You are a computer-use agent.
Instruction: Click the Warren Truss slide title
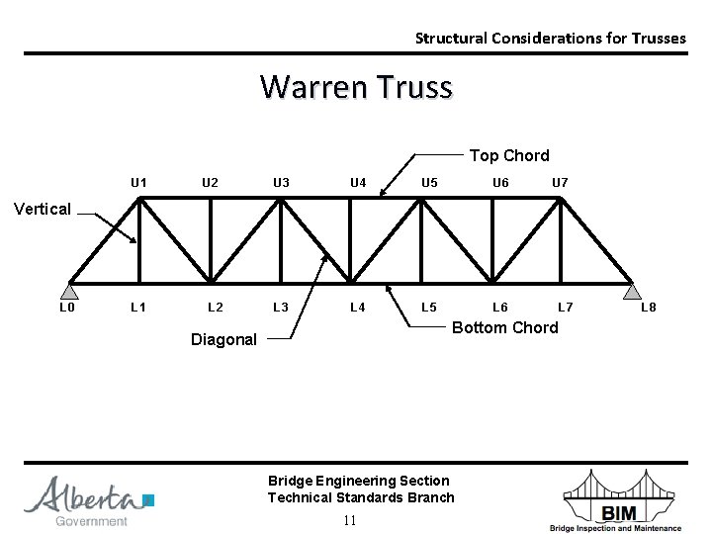coord(356,87)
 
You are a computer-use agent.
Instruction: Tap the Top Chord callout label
coord(509,155)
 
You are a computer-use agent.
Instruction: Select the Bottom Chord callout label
coord(504,327)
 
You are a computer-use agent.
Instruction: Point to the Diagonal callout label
coord(223,339)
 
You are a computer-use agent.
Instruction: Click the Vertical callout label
coord(43,209)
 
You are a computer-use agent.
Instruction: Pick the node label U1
coord(139,183)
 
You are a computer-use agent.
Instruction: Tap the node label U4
coord(358,183)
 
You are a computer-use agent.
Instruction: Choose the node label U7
coord(561,183)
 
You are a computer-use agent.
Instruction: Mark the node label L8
coord(649,308)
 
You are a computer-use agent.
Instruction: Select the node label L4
coord(358,308)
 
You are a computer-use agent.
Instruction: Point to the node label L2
coord(215,308)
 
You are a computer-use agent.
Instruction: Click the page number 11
coord(349,521)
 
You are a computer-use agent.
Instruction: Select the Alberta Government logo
coord(90,501)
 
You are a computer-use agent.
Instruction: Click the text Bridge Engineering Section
coord(358,481)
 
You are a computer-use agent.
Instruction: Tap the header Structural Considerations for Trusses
coord(550,39)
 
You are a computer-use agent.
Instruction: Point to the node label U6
coord(501,183)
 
